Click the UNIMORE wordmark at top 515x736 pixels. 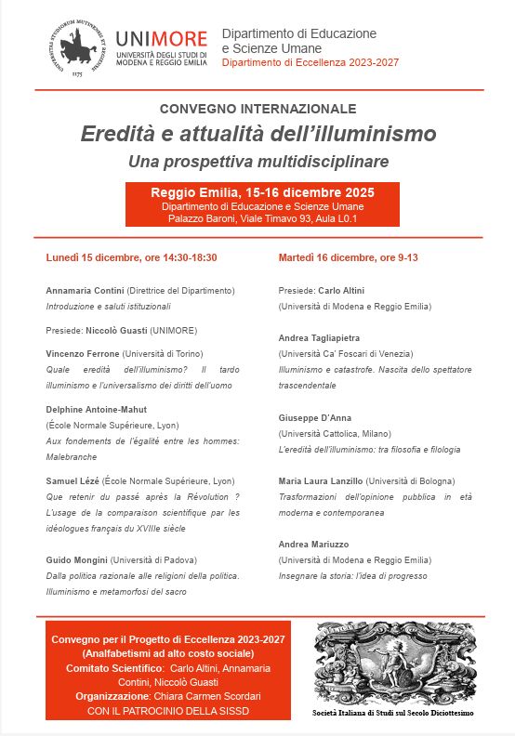163,39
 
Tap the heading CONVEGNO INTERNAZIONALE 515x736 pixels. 257,109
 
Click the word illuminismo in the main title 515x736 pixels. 372,134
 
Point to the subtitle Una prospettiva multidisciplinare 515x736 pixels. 257,161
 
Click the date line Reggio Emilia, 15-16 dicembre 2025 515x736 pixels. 262,192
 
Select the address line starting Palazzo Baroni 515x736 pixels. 262,219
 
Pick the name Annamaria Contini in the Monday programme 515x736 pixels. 85,290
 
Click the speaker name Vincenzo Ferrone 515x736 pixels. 83,354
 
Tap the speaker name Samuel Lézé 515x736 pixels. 72,480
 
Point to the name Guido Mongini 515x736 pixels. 77,560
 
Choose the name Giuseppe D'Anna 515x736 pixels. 316,417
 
